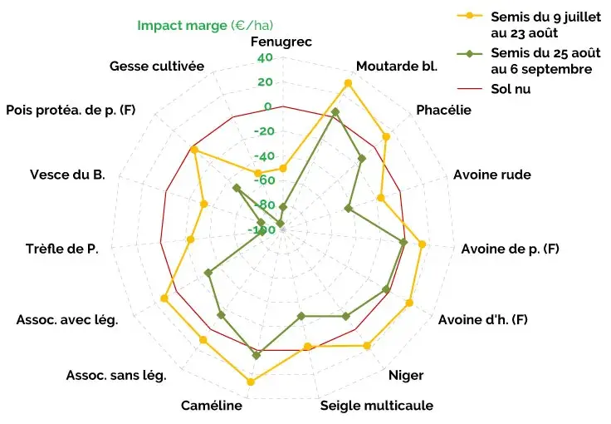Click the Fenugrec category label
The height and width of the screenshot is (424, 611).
pyautogui.click(x=282, y=42)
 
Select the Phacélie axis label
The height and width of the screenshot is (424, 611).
pyautogui.click(x=443, y=110)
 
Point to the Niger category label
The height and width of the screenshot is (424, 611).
pyautogui.click(x=406, y=375)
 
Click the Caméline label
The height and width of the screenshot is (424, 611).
pyautogui.click(x=212, y=406)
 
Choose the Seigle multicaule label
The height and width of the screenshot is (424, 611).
pyautogui.click(x=377, y=407)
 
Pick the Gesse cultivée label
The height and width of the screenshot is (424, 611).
pyautogui.click(x=157, y=66)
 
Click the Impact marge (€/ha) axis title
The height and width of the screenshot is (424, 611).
pyautogui.click(x=205, y=26)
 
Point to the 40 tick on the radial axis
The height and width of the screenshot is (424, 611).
pyautogui.click(x=266, y=58)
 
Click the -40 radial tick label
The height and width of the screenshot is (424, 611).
pyautogui.click(x=266, y=156)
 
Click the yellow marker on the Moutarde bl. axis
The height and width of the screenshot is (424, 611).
pyautogui.click(x=348, y=83)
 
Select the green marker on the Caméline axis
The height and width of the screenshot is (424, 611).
pyautogui.click(x=257, y=355)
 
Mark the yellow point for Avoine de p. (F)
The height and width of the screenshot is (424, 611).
pyautogui.click(x=422, y=244)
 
